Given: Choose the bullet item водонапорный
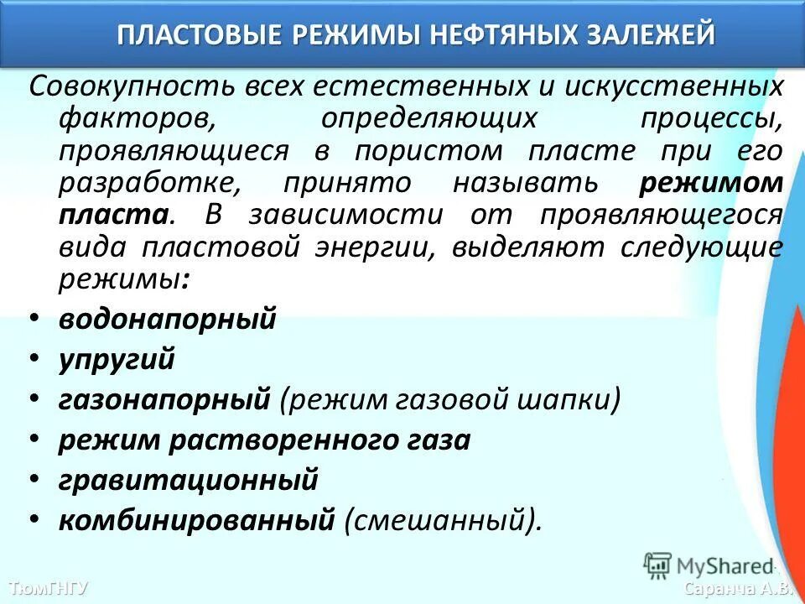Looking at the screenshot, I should click(168, 320).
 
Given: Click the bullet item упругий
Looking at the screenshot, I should click(117, 359).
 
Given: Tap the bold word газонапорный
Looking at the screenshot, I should click(164, 400).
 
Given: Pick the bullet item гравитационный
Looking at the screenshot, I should click(189, 481).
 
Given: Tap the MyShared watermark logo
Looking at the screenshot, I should click(709, 565).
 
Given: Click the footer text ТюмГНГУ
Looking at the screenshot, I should click(48, 587).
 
